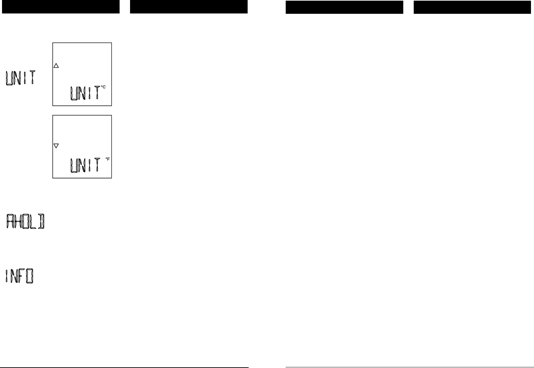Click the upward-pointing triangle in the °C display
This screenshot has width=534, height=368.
click(x=56, y=66)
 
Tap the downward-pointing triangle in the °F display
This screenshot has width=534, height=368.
click(x=56, y=146)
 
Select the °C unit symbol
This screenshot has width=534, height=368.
click(x=103, y=87)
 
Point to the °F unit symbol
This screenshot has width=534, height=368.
click(x=107, y=159)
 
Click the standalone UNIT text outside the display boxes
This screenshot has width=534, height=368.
click(x=20, y=78)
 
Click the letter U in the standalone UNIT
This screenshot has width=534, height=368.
click(x=9, y=78)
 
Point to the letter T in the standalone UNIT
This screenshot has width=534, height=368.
click(x=32, y=78)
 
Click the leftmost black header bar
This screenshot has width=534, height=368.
click(x=61, y=7)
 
